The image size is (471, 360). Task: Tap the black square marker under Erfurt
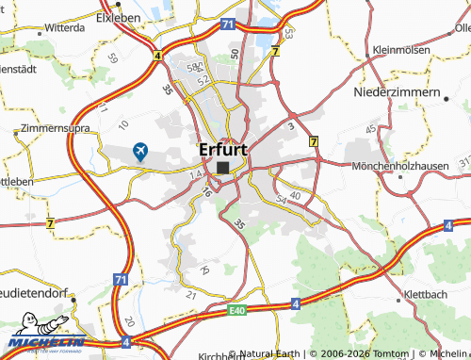pos(222,168)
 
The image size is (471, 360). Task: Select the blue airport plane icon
pos(140,150)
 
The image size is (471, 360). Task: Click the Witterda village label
pos(58,29)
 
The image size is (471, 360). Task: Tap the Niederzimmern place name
pos(396,93)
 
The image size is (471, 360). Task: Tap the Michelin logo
pos(43,342)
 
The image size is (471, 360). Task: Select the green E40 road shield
pos(236,309)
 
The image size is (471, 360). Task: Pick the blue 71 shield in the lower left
pos(120,281)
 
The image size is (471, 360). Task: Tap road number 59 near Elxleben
pos(114,57)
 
